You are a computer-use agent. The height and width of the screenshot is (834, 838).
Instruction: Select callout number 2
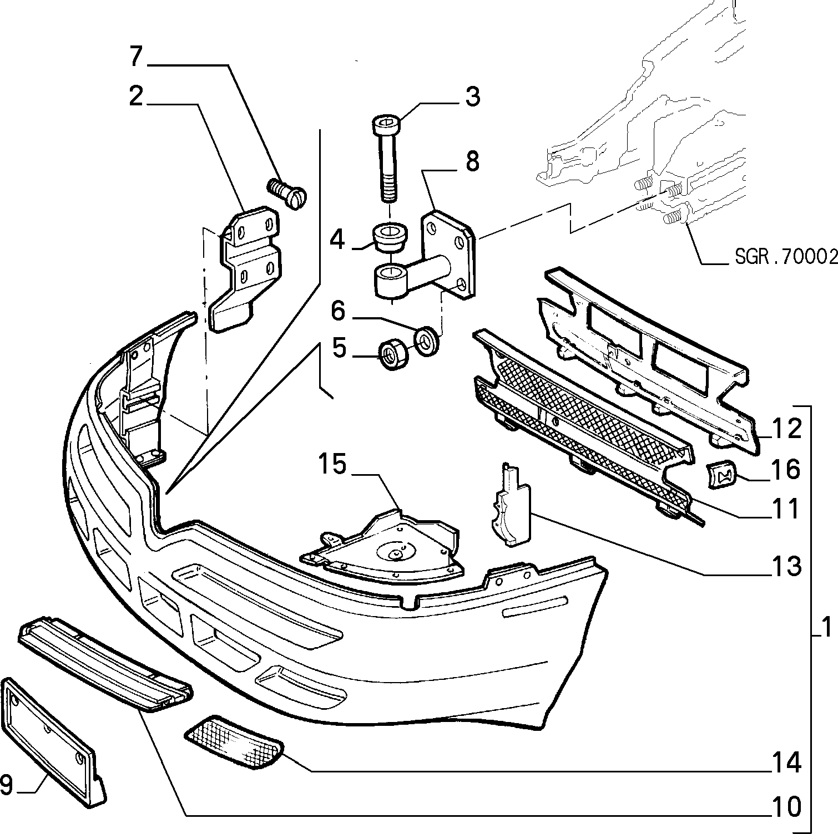[136, 96]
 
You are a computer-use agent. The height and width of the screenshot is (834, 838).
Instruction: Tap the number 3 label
[472, 96]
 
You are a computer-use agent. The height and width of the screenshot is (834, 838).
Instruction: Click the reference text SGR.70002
[786, 257]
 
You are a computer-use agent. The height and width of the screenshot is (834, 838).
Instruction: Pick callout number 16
[786, 470]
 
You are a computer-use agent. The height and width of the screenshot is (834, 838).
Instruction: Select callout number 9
[7, 785]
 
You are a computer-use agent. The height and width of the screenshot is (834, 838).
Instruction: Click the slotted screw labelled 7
[287, 192]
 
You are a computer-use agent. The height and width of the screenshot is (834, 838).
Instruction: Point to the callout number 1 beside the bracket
[827, 628]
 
